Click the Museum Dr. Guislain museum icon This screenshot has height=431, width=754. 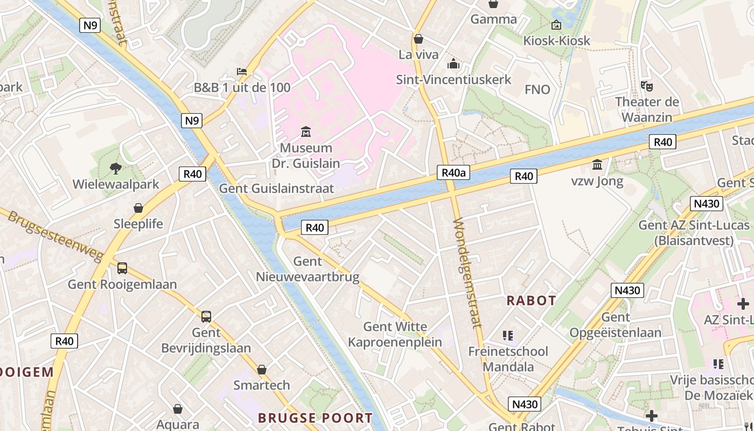point(306,131)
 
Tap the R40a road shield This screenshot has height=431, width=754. point(453,172)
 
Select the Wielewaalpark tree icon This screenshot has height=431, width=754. point(116,169)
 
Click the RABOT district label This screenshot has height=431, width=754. point(531,301)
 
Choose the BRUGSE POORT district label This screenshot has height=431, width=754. point(315,418)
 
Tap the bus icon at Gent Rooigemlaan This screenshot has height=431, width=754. point(122,268)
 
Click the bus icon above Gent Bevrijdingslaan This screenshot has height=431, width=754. point(206,317)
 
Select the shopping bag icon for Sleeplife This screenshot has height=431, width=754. point(138,208)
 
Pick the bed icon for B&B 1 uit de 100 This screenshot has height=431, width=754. point(242,71)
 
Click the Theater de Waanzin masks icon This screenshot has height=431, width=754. point(646,86)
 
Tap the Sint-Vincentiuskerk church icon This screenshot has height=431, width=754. point(453,64)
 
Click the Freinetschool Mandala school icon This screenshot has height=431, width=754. point(507,336)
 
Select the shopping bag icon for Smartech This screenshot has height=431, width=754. point(262,370)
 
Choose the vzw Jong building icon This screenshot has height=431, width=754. point(597,164)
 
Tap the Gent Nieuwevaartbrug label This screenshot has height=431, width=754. point(308,269)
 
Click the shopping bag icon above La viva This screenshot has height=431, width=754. point(418,39)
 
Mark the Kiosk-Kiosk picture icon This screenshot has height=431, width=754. point(556,25)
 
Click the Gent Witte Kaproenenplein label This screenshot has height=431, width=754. point(395,334)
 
